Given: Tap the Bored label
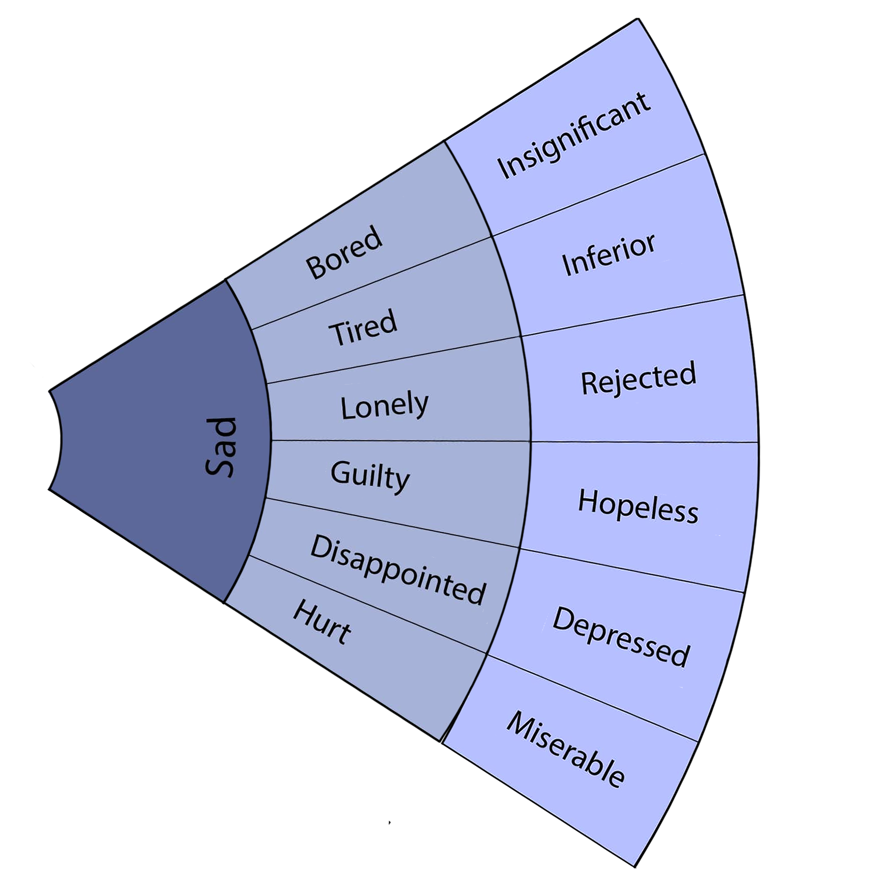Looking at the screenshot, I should click(344, 252).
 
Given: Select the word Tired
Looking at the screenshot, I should click(363, 326).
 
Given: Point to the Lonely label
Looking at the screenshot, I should click(385, 406).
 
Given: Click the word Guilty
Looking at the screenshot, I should click(370, 475).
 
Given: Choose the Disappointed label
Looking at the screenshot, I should click(398, 570).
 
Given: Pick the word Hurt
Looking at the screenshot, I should click(322, 622).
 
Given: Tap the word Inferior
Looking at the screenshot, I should click(608, 254).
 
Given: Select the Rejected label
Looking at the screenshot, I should click(638, 379).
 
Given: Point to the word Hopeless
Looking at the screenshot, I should click(638, 505).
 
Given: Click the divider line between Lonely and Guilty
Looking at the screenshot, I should click(399, 441).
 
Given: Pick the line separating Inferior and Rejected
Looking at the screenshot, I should click(632, 316).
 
